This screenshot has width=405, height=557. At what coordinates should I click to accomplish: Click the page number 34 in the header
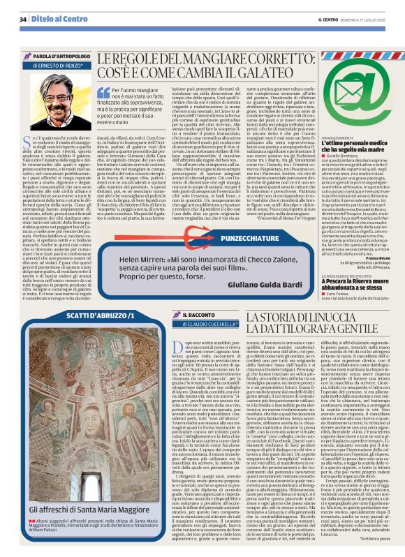click(x=24, y=19)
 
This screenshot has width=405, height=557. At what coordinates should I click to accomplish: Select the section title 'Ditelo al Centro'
click(x=57, y=19)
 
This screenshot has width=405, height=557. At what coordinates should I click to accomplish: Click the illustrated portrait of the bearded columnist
click(x=48, y=91)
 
